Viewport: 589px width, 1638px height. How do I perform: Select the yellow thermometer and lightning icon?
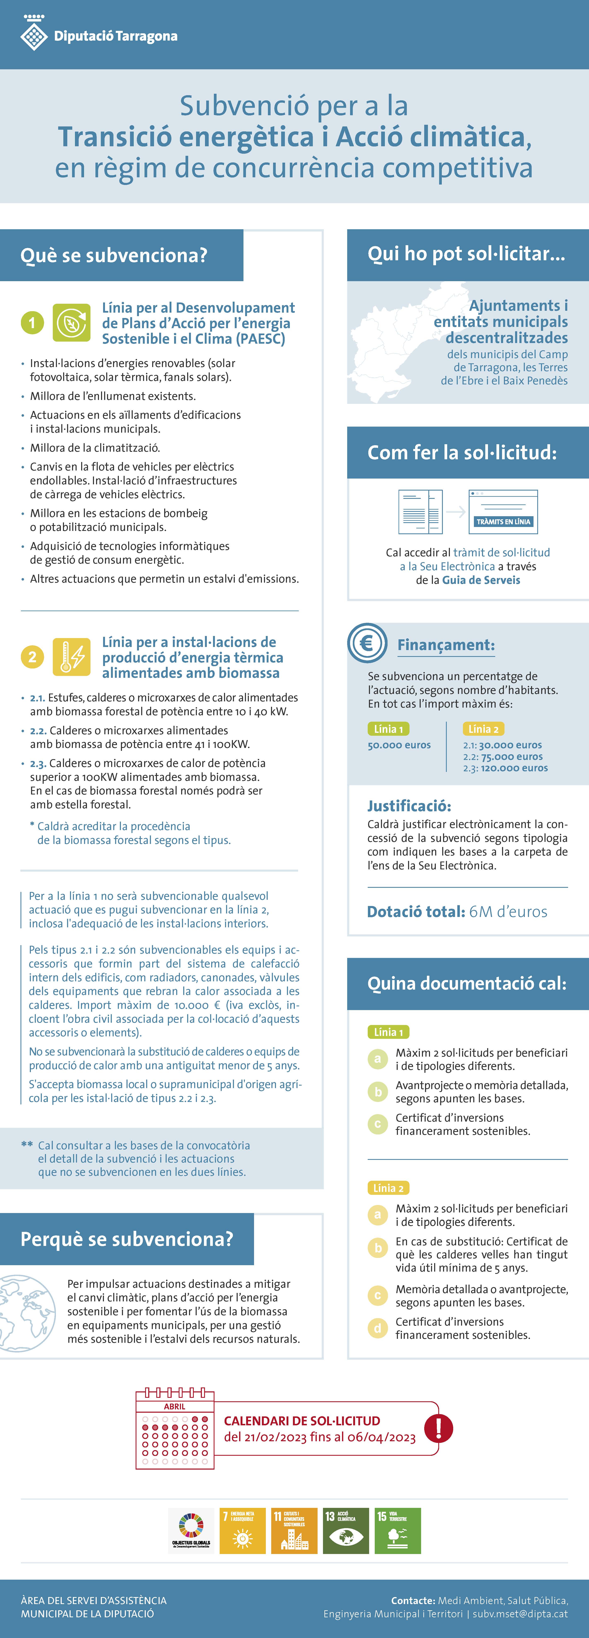(x=71, y=656)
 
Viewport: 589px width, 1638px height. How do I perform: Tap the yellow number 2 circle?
(x=33, y=656)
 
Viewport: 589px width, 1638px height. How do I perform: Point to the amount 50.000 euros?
(x=399, y=745)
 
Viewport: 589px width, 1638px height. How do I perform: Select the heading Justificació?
(x=409, y=806)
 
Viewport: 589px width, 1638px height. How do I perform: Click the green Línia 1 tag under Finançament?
(x=388, y=729)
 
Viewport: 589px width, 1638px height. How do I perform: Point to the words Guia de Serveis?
(x=481, y=580)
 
